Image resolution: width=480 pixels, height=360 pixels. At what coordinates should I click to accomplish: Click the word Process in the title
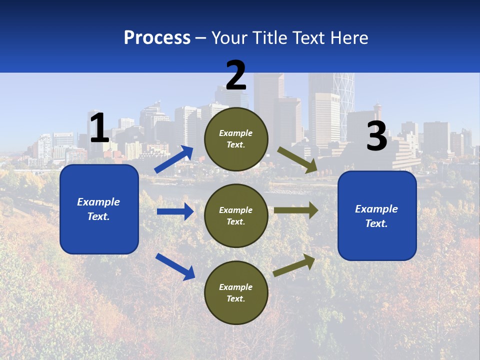(157, 38)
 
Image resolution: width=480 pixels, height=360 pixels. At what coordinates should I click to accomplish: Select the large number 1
(99, 128)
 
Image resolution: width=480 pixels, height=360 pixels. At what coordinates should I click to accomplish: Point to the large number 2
(236, 75)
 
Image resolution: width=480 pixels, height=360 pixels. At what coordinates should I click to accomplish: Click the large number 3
(376, 136)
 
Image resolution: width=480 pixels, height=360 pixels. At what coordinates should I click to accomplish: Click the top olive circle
(236, 139)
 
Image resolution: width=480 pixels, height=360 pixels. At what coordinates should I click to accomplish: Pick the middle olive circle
(236, 215)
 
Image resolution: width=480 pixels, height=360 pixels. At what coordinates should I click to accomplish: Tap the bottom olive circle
(236, 292)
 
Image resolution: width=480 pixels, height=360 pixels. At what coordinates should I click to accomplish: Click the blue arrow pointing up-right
(174, 159)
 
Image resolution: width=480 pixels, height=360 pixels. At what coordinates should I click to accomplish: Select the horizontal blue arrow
(175, 211)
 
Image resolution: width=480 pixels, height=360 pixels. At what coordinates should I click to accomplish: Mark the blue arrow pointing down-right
(175, 266)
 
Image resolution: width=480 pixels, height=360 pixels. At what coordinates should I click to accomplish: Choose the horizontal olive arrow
(295, 210)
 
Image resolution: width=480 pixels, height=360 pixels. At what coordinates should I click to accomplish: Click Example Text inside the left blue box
(98, 209)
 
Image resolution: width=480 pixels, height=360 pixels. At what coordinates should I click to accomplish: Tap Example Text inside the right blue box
(376, 216)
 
